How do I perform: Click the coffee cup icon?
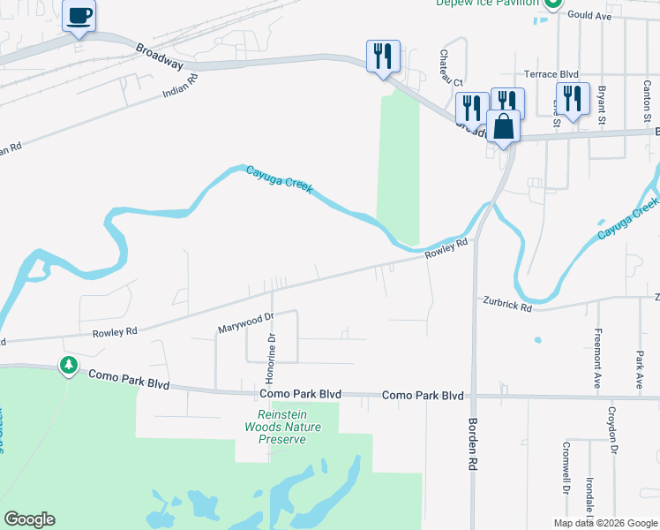tap(79, 16)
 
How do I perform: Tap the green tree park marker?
tap(68, 364)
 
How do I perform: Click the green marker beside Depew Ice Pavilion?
tap(552, 4)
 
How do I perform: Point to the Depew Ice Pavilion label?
tap(486, 3)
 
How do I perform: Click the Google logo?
tap(29, 519)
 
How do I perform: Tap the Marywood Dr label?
tap(246, 322)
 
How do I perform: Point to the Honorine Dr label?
tap(273, 338)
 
